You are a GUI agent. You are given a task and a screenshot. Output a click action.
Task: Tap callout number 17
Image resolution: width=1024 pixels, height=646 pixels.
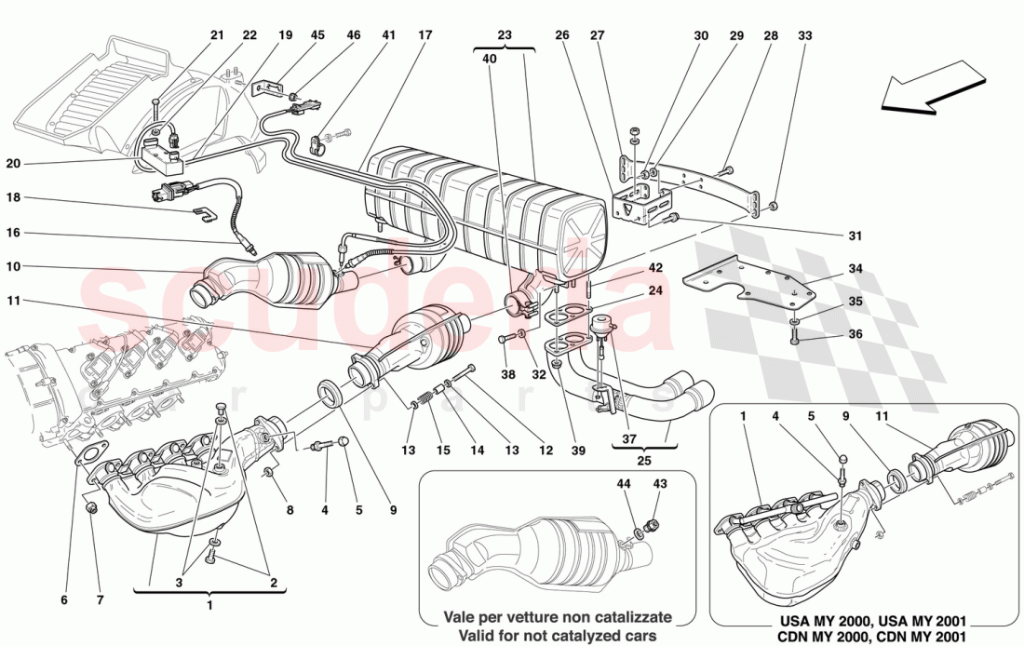pyautogui.click(x=425, y=36)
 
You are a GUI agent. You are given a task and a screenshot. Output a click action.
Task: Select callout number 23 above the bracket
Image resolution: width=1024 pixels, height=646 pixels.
pyautogui.click(x=504, y=36)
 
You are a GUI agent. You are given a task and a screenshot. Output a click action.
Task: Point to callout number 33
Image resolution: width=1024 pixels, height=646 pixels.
pyautogui.click(x=804, y=36)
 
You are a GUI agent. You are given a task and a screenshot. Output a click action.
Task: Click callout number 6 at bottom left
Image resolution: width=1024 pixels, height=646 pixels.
pyautogui.click(x=64, y=600)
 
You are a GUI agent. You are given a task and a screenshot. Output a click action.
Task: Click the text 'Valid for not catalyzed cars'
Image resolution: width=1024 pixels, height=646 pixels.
pyautogui.click(x=557, y=635)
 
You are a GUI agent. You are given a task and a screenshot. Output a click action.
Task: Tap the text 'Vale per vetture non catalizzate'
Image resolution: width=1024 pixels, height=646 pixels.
pyautogui.click(x=557, y=616)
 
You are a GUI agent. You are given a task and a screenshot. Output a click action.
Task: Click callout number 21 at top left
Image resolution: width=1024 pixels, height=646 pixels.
pyautogui.click(x=217, y=36)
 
